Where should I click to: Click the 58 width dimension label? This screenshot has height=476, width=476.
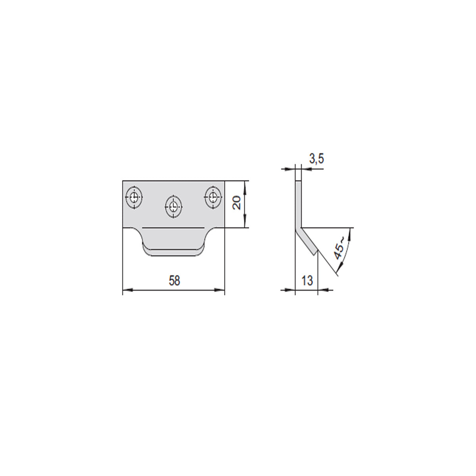click(x=175, y=281)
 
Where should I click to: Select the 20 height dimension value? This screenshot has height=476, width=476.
click(x=237, y=203)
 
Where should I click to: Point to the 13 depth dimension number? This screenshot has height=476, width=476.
click(x=307, y=280)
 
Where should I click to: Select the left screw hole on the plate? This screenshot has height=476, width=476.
click(x=134, y=197)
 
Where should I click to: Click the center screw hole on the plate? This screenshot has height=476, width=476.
click(x=173, y=207)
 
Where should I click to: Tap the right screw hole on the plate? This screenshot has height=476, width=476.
click(x=213, y=197)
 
